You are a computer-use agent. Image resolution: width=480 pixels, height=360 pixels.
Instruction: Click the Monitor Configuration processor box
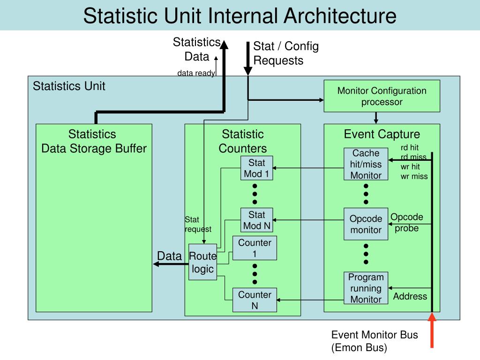click(382, 96)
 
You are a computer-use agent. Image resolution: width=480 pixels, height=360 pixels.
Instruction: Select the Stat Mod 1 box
click(256, 169)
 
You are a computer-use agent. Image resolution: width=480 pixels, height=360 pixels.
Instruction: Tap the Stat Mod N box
click(256, 220)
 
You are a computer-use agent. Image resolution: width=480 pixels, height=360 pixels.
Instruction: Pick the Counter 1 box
click(255, 248)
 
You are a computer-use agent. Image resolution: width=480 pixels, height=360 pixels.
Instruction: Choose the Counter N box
click(255, 300)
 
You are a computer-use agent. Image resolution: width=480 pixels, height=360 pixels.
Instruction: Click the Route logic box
click(202, 262)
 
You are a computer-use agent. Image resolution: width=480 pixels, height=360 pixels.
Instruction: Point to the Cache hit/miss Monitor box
click(366, 165)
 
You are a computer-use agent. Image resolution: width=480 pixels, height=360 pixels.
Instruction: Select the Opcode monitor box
click(366, 224)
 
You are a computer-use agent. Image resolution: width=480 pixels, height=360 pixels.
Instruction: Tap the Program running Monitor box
click(366, 288)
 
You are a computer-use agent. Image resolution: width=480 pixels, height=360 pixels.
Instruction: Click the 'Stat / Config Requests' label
click(285, 53)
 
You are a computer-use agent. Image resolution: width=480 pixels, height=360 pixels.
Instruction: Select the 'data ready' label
click(196, 73)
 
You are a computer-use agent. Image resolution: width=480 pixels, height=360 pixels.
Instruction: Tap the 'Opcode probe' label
click(407, 223)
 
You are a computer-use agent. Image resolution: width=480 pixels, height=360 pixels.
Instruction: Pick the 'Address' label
click(410, 296)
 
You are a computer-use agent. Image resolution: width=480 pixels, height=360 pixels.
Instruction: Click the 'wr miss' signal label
click(414, 176)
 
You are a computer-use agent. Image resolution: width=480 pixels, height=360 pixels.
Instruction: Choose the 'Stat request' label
click(198, 224)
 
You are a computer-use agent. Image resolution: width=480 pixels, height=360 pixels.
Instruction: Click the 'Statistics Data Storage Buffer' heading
click(94, 142)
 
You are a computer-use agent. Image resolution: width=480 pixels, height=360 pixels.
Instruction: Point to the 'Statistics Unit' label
click(69, 86)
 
